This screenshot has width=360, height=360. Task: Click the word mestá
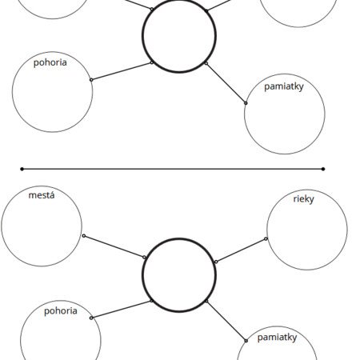(x=42, y=195)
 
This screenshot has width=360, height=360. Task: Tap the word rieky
(x=303, y=199)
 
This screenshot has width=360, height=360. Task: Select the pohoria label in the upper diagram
(x=50, y=62)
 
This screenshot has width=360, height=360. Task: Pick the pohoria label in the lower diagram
(x=61, y=311)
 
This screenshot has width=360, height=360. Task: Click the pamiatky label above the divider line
(x=284, y=86)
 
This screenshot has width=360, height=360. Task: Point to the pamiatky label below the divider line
(x=277, y=338)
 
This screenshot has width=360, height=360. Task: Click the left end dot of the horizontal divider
(x=22, y=169)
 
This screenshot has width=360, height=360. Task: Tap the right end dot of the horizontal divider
(x=323, y=169)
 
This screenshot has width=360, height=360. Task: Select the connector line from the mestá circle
(x=114, y=246)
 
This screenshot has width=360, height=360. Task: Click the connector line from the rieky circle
(x=241, y=250)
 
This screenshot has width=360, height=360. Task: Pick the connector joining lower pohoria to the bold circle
(x=122, y=310)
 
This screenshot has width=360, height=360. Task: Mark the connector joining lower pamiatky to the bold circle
(x=226, y=321)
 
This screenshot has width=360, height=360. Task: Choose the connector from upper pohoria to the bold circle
(x=122, y=71)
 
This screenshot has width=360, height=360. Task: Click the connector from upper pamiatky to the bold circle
(x=226, y=83)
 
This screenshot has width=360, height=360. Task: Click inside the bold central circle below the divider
(x=179, y=275)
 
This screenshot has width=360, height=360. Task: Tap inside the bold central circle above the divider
(x=179, y=35)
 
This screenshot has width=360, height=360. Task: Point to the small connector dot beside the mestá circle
(x=84, y=236)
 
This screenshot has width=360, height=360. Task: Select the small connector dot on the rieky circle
(x=266, y=238)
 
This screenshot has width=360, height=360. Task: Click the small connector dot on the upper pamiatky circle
(x=246, y=103)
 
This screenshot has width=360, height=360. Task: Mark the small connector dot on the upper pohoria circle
(x=91, y=80)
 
